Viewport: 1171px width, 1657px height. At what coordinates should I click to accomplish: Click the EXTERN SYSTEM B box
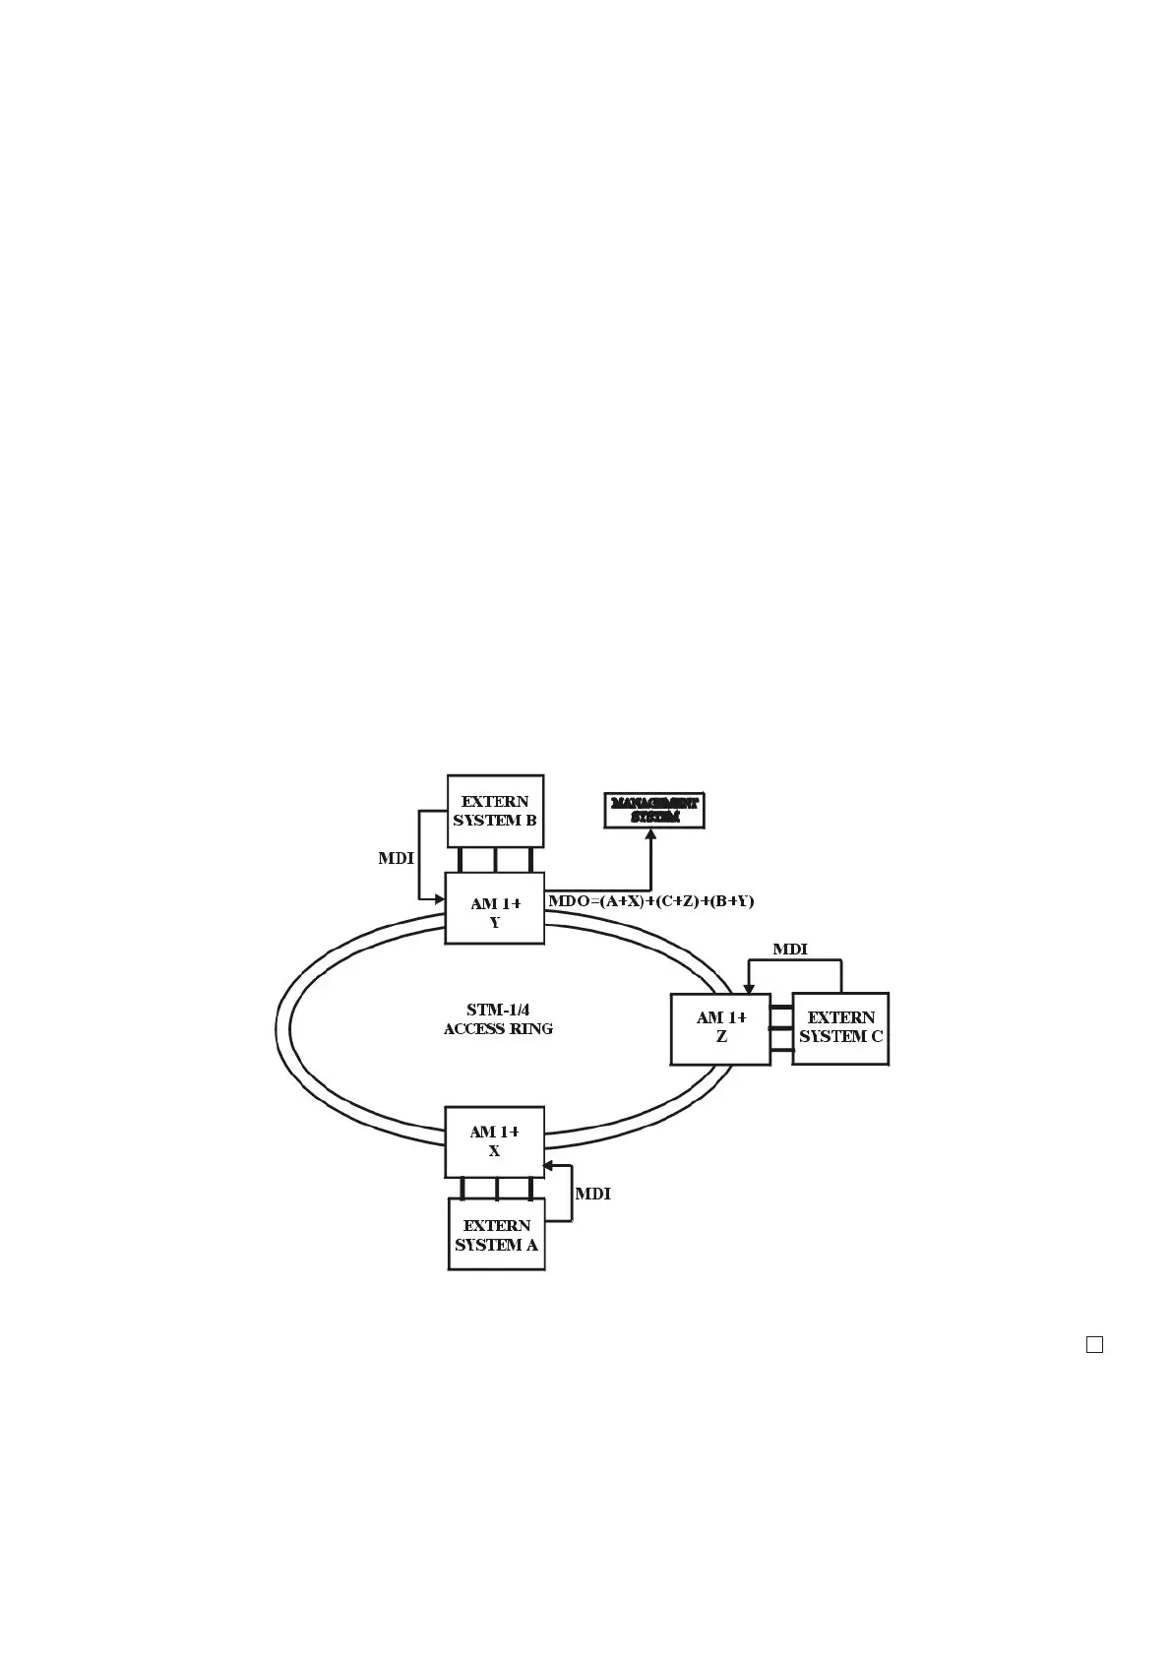tap(495, 811)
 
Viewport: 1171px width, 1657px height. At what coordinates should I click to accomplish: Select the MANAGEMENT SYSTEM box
tap(654, 811)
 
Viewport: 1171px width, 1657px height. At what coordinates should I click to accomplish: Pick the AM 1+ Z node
tap(720, 1028)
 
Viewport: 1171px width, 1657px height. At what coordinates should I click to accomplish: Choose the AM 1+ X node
tap(494, 1141)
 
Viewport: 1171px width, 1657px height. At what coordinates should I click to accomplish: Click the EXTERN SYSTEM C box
tap(840, 1028)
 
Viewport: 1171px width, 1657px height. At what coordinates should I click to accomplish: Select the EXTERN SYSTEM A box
tap(496, 1234)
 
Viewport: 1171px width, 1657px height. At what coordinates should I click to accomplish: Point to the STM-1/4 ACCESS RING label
tap(498, 1019)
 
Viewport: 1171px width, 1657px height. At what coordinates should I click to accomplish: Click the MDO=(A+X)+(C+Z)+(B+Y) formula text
tap(650, 901)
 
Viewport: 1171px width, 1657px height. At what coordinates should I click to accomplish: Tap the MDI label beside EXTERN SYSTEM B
tap(396, 859)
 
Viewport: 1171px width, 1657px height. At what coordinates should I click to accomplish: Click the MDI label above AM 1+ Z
tap(789, 950)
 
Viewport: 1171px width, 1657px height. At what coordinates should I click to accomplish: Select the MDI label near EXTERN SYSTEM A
tap(592, 1194)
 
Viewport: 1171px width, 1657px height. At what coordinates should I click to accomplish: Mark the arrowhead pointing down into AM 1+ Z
tap(749, 988)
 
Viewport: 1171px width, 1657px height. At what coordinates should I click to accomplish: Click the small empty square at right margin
tap(1094, 1344)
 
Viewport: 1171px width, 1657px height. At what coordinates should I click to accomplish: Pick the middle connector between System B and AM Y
tap(495, 860)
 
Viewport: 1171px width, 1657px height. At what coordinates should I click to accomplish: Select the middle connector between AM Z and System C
tap(781, 1029)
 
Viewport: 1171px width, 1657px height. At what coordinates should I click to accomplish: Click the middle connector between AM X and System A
tap(496, 1188)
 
